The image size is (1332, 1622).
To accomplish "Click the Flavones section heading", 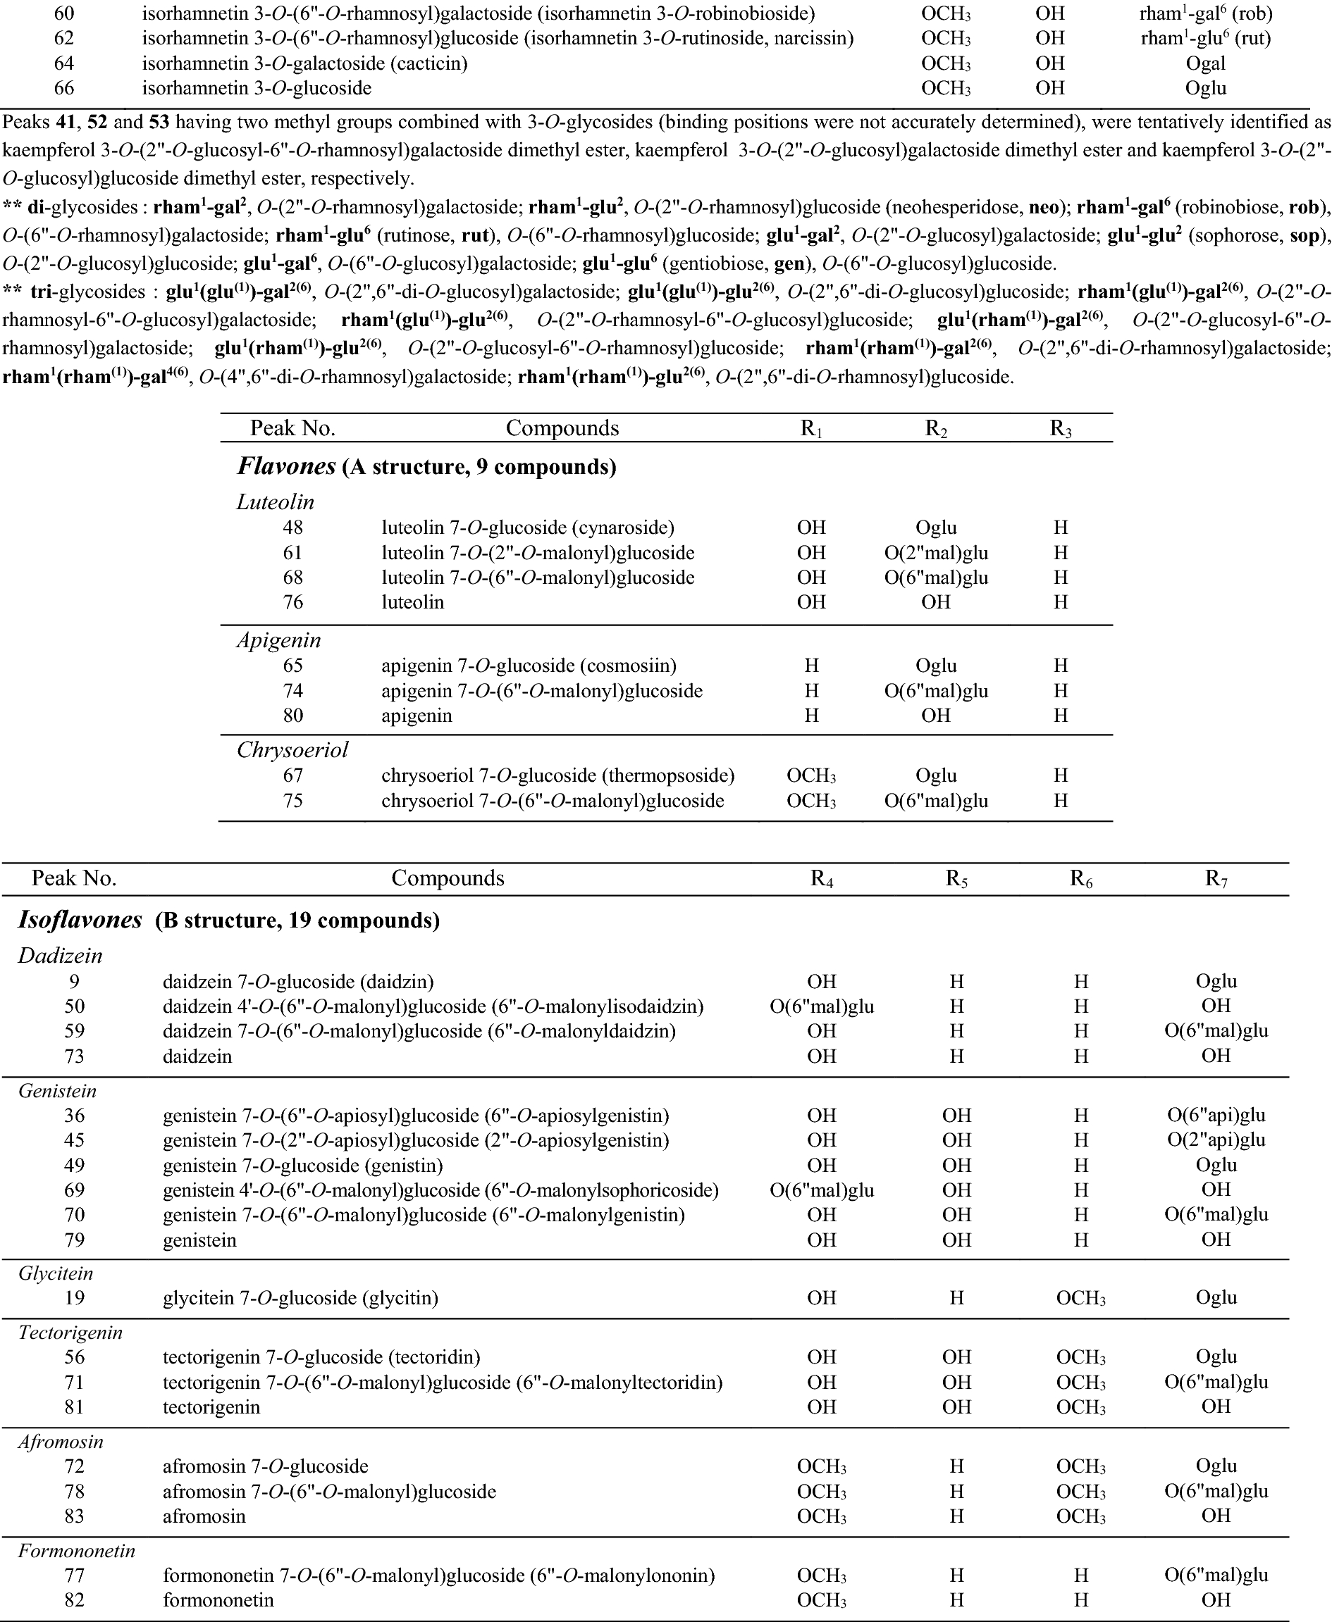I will click(286, 466).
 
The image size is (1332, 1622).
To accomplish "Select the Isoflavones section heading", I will click(80, 920).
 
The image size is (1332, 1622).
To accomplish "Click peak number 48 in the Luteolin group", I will click(292, 528).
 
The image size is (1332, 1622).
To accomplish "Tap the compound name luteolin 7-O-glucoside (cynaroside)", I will click(528, 528).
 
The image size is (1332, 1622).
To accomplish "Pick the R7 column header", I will click(1216, 878).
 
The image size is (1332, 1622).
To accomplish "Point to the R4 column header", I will click(822, 878).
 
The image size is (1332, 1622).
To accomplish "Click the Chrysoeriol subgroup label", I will click(292, 750).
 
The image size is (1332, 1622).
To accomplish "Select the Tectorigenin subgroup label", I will click(70, 1333).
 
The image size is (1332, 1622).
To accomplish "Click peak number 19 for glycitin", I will click(75, 1297).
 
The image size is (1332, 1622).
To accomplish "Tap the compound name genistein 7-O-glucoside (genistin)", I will click(303, 1166).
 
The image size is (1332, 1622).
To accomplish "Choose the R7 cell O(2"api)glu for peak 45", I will click(1216, 1140).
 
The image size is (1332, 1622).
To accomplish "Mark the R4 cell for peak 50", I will click(822, 1006).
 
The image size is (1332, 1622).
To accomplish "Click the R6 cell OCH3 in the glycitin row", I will click(1081, 1297).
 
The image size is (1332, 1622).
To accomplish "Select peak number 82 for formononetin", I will click(75, 1601).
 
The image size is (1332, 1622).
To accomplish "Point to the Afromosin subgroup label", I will click(61, 1442).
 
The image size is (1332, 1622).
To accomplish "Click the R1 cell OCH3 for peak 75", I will click(811, 801).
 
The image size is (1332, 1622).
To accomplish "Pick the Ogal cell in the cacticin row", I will click(1205, 63).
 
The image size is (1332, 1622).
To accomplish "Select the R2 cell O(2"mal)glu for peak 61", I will click(936, 553).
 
